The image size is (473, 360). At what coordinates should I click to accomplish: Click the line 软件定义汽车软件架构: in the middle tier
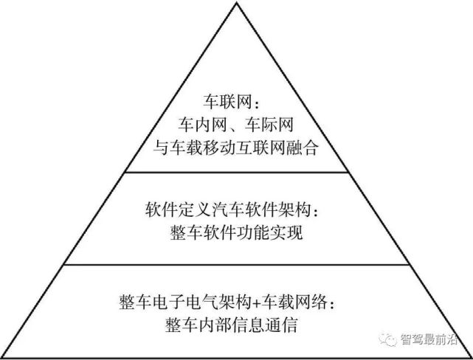click(235, 212)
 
